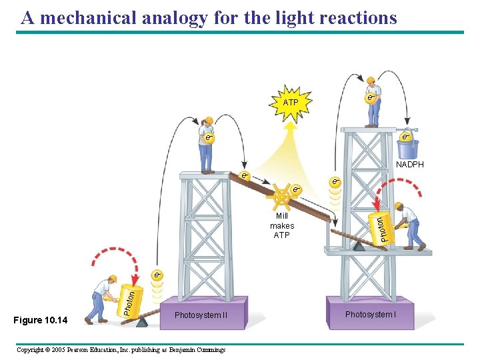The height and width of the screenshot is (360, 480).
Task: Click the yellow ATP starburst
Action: click(290, 103)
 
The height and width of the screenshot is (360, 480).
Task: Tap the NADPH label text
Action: click(409, 165)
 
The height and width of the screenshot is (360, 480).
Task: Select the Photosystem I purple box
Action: click(371, 313)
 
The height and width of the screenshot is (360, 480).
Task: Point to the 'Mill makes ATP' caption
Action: click(282, 226)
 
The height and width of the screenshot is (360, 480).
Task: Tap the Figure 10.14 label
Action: click(41, 321)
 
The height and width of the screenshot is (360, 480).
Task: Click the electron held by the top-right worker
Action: click(371, 99)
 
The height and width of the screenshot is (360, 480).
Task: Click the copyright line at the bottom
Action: click(121, 350)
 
